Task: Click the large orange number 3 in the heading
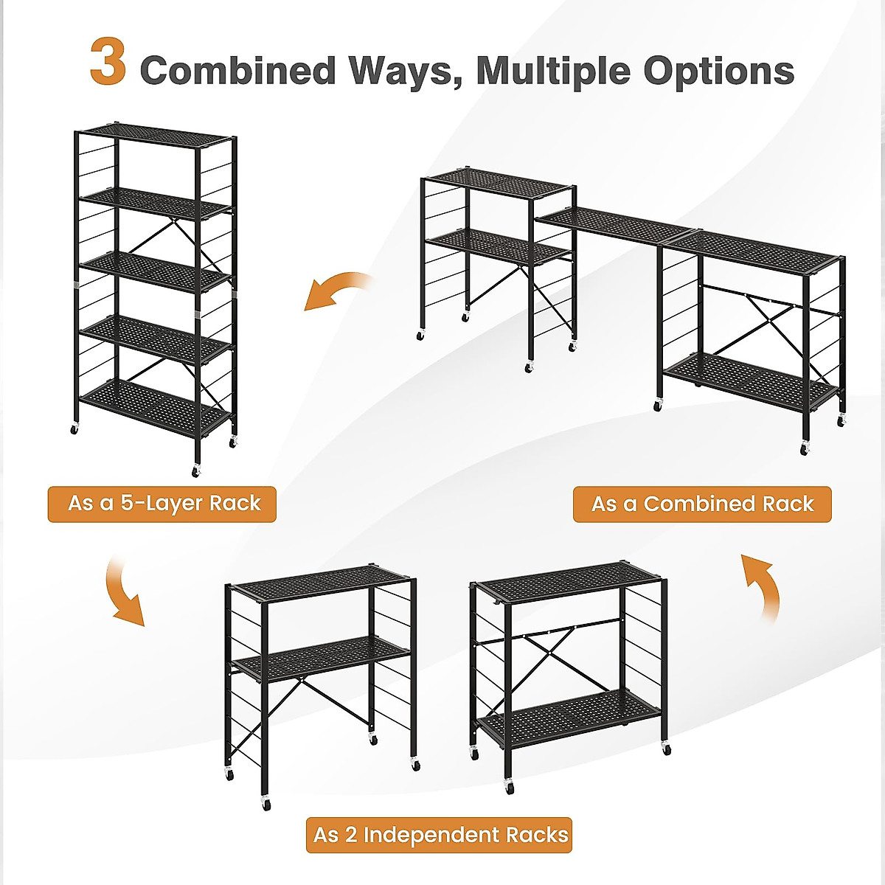pyautogui.click(x=108, y=63)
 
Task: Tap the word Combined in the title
pyautogui.click(x=237, y=71)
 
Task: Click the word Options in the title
pyautogui.click(x=718, y=72)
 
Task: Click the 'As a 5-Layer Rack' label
pyautogui.click(x=163, y=504)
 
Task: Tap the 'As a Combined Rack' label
pyautogui.click(x=701, y=504)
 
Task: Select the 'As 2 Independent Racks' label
pyautogui.click(x=440, y=835)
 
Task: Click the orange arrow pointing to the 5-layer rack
pyautogui.click(x=336, y=291)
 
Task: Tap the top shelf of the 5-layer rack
pyautogui.click(x=156, y=136)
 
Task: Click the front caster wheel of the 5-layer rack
pyautogui.click(x=196, y=471)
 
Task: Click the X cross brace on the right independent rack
pyautogui.click(x=549, y=650)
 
